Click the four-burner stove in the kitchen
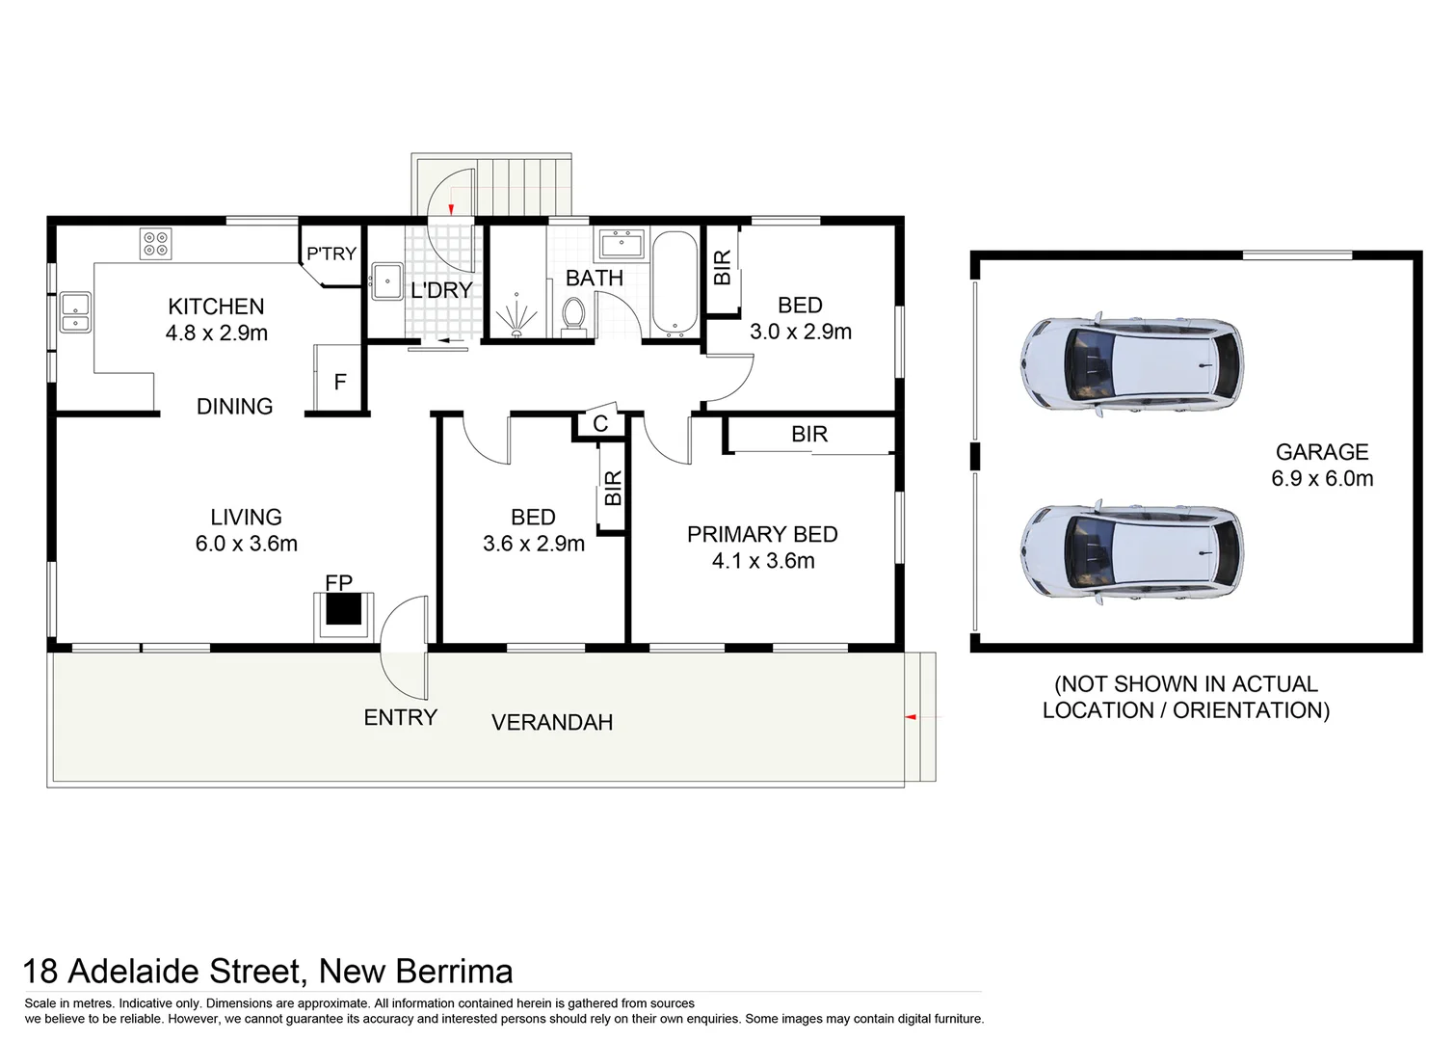[154, 243]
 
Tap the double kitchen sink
[75, 311]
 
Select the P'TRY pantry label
[331, 254]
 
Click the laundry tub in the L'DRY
[387, 281]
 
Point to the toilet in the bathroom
[573, 315]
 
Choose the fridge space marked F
[339, 382]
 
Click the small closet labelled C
[600, 424]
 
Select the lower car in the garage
[1131, 552]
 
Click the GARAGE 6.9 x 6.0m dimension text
[1322, 478]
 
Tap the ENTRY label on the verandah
[400, 717]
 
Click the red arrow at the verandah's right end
[909, 717]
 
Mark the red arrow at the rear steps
[451, 206]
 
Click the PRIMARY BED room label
[762, 534]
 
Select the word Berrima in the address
[449, 971]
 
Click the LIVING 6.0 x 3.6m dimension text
[247, 544]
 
